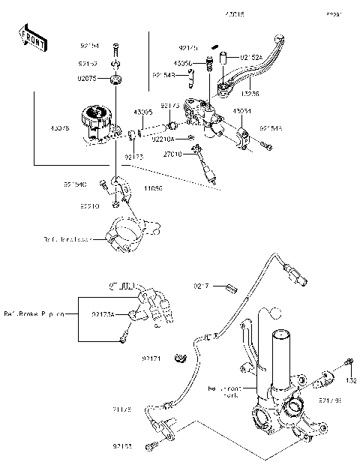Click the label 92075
[x=87, y=78]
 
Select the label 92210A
[x=163, y=139]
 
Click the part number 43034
[x=241, y=111]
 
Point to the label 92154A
[x=271, y=128]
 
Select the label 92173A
[x=103, y=314]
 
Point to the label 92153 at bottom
[x=124, y=446]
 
